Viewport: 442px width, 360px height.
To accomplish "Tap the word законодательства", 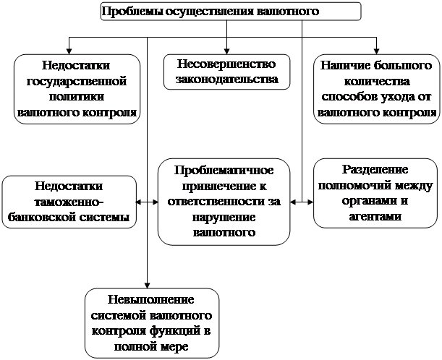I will tap(221, 80).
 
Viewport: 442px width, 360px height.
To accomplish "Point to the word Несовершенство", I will tap(221, 65).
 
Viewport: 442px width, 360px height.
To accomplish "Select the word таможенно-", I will tap(69, 202).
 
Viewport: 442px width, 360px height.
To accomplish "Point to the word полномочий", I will tap(356, 187).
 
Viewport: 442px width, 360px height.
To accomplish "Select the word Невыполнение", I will tap(152, 301).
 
